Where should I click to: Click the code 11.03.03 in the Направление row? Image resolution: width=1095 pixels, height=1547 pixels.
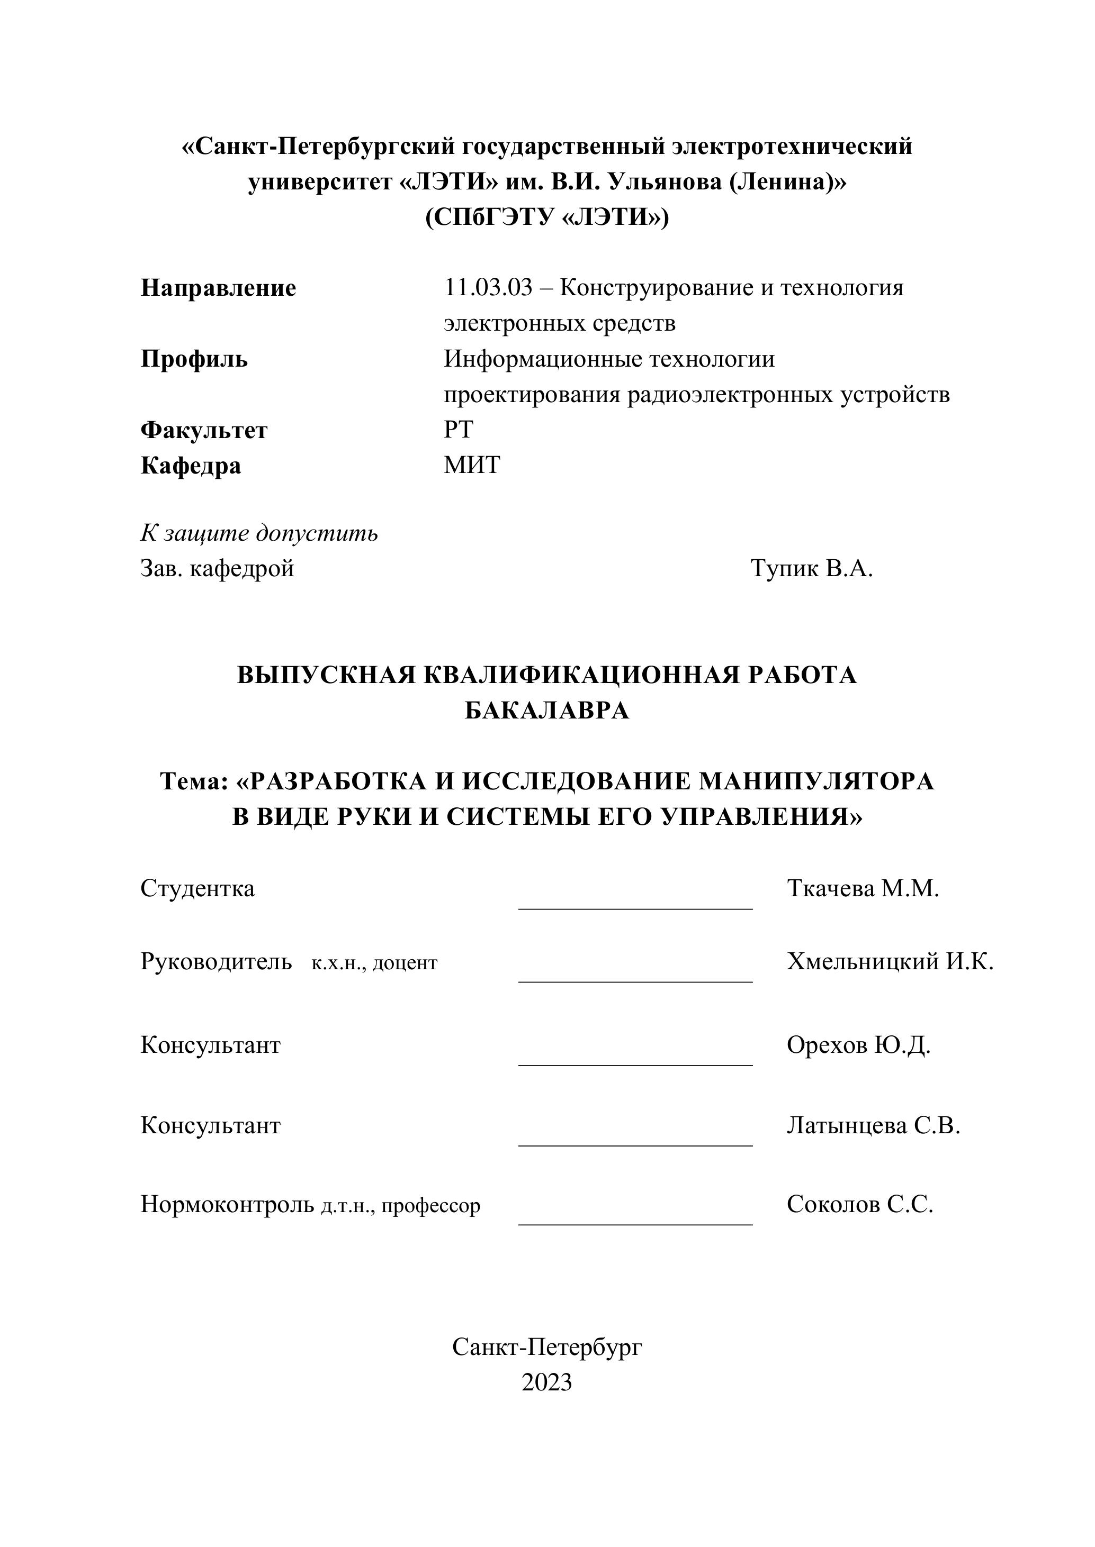(488, 288)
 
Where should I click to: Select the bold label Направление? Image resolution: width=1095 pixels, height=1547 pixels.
(218, 288)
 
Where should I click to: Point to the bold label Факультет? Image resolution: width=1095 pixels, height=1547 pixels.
(204, 430)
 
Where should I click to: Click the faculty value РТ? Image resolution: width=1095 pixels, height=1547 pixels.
(459, 429)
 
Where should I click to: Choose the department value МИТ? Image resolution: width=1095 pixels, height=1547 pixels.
(471, 465)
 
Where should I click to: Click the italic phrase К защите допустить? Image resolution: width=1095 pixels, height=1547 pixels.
(259, 533)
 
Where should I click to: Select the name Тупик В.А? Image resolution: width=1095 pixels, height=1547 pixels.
(812, 569)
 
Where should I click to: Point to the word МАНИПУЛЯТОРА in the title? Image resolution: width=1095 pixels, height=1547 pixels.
(816, 781)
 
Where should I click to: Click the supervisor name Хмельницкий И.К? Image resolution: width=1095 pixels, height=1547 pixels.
(890, 961)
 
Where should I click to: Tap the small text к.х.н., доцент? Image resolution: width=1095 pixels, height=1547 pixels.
(374, 963)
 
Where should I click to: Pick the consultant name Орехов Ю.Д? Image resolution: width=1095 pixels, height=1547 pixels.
(858, 1045)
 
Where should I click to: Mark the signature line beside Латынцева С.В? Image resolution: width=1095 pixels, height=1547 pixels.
(635, 1145)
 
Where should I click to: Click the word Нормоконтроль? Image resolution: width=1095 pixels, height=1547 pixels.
(227, 1204)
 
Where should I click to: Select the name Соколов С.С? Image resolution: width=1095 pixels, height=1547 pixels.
(860, 1204)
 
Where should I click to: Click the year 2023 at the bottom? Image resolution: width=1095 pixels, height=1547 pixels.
(547, 1382)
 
